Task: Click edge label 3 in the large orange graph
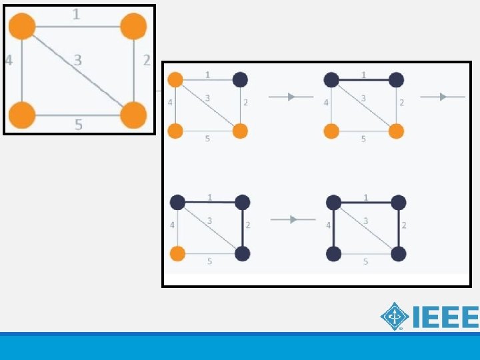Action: coord(78,60)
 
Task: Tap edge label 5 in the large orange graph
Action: coord(78,124)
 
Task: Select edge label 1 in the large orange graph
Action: coord(77,13)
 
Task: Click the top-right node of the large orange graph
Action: coord(133,27)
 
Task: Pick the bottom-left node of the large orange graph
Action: coord(22,115)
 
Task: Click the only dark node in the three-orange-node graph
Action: coord(240,80)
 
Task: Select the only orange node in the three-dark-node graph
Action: coord(177,253)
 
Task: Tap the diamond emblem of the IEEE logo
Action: coord(395,316)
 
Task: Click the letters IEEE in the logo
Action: coord(445,317)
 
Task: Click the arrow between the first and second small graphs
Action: coord(291,97)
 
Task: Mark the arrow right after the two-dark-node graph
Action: coord(442,97)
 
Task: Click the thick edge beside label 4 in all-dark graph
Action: coord(334,227)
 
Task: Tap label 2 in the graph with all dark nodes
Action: coord(404,225)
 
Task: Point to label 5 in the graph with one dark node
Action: coord(207,139)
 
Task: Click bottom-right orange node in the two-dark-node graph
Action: coord(396,131)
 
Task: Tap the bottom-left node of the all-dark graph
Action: coord(334,253)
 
